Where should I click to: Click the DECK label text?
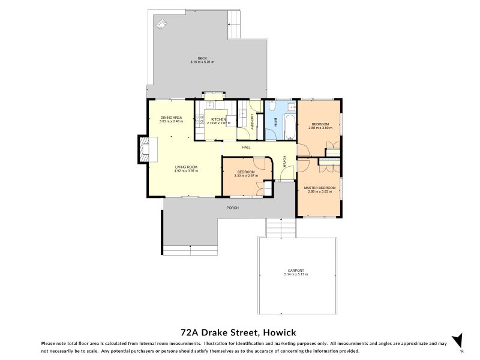(x=202, y=58)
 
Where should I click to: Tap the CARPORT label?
(x=296, y=271)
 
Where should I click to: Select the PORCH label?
(x=232, y=208)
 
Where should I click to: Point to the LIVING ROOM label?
(x=186, y=167)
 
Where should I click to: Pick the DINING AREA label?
(x=170, y=118)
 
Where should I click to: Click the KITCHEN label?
(x=218, y=119)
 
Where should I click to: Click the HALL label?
(x=246, y=147)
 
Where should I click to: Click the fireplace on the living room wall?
(x=144, y=149)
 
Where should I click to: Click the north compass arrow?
(x=458, y=340)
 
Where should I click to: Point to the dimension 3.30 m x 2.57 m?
(x=246, y=175)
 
